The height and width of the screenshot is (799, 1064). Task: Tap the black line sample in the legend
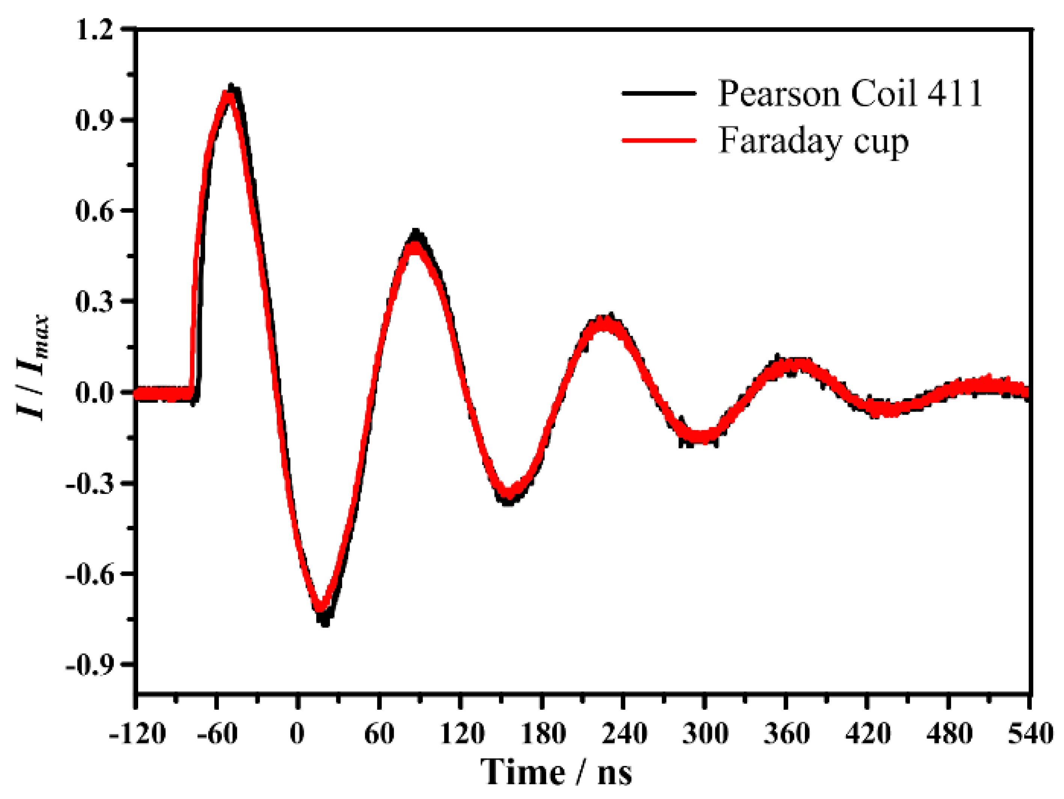(x=659, y=93)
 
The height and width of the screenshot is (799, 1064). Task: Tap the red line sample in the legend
(x=659, y=140)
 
